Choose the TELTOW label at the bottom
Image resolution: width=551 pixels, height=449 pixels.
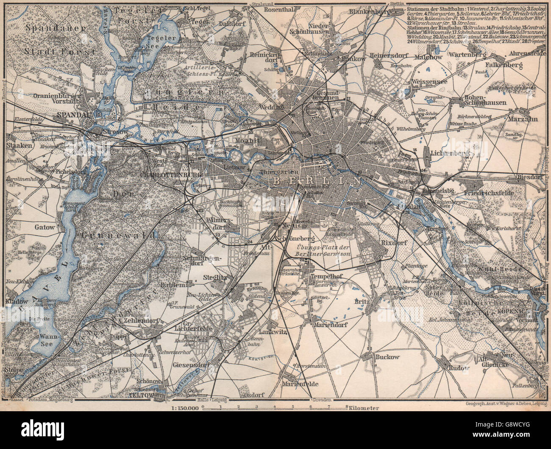(154, 393)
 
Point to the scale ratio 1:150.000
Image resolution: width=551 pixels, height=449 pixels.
(185, 408)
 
